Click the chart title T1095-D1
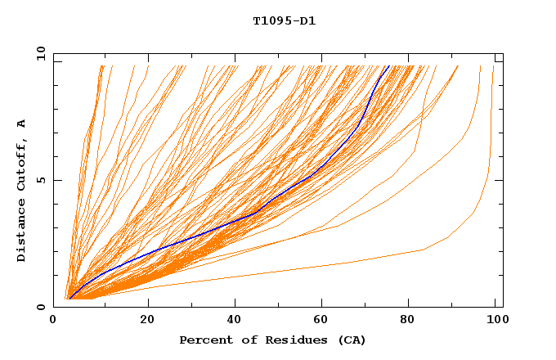(x=284, y=21)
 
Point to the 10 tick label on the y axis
(x=41, y=53)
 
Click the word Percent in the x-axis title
(x=203, y=340)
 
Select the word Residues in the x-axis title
(x=296, y=340)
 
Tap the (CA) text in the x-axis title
(x=352, y=340)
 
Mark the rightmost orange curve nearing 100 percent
(x=489, y=164)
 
